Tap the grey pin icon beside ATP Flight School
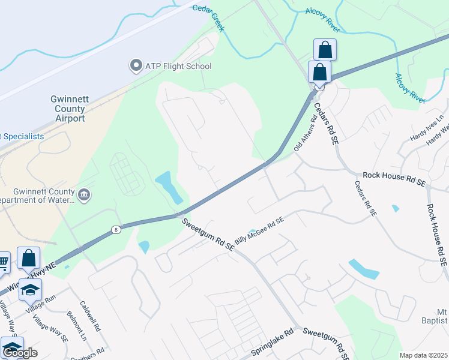(x=136, y=65)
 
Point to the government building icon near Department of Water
(x=83, y=194)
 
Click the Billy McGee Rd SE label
(x=259, y=231)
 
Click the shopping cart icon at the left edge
(x=4, y=261)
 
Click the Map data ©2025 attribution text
(x=423, y=355)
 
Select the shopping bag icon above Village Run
(x=29, y=259)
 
